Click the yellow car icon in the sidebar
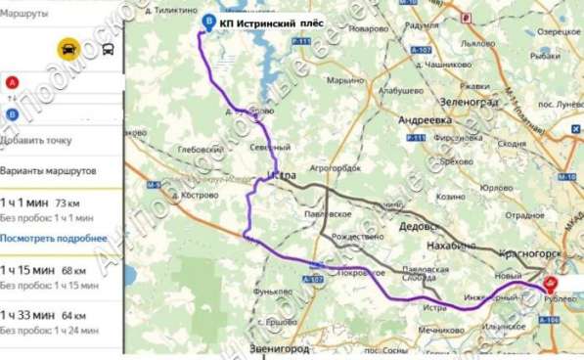pos(69,49)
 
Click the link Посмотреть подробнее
pos(54,239)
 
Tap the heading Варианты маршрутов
pos(49,170)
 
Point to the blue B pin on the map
pos(203,22)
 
